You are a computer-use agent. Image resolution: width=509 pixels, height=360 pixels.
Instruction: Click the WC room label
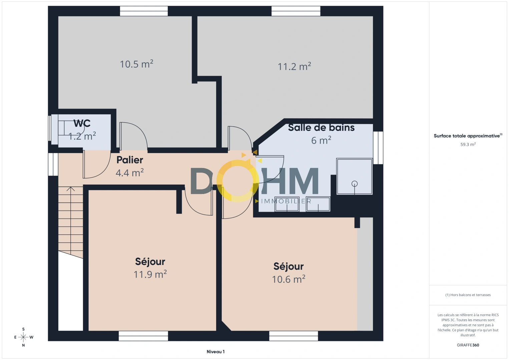pyautogui.click(x=82, y=123)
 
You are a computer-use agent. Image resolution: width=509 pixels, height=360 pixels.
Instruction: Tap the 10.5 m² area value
pyautogui.click(x=136, y=64)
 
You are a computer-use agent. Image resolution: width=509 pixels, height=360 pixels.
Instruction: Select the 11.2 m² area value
pyautogui.click(x=294, y=66)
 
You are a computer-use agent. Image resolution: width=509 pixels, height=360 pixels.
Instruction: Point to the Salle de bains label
pyautogui.click(x=321, y=127)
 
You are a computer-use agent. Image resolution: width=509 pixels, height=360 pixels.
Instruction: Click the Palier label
pyautogui.click(x=130, y=160)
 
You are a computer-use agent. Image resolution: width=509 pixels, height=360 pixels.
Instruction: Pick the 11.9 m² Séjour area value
pyautogui.click(x=150, y=274)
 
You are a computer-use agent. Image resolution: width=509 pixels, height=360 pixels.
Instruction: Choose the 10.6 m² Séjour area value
pyautogui.click(x=289, y=279)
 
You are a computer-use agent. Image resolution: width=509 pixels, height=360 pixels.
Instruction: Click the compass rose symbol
pyautogui.click(x=23, y=337)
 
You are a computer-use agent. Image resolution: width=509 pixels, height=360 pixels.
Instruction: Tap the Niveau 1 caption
pyautogui.click(x=215, y=352)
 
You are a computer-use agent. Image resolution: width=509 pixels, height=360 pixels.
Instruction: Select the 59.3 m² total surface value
pyautogui.click(x=468, y=144)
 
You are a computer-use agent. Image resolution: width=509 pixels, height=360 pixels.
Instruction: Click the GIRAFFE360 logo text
pyautogui.click(x=468, y=345)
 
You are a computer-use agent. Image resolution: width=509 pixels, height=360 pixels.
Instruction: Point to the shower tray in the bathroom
pyautogui.click(x=354, y=176)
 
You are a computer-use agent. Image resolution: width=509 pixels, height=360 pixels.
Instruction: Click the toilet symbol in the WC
pyautogui.click(x=68, y=128)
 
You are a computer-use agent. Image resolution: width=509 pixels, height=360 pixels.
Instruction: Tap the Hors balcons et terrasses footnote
pyautogui.click(x=468, y=295)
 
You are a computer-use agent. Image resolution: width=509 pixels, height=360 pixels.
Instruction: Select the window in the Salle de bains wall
pyautogui.click(x=378, y=148)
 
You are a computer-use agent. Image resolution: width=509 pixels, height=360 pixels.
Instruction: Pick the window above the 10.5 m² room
pyautogui.click(x=144, y=11)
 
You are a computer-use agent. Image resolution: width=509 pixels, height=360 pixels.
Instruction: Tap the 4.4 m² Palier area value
pyautogui.click(x=129, y=173)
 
